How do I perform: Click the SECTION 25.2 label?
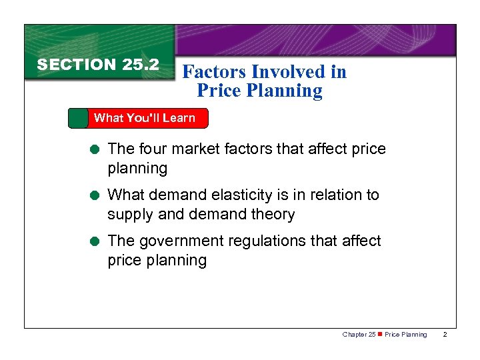coord(98,65)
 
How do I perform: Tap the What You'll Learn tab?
coord(144,118)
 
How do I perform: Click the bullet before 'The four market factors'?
coord(97,149)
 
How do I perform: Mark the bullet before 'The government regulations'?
coord(97,241)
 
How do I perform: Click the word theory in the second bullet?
coord(274,215)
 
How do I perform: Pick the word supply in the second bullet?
coord(128,215)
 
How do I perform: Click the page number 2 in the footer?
coord(445,334)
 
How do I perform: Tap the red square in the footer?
coord(380,334)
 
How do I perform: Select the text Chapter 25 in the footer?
coord(358,334)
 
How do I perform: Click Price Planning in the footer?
coord(406,334)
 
